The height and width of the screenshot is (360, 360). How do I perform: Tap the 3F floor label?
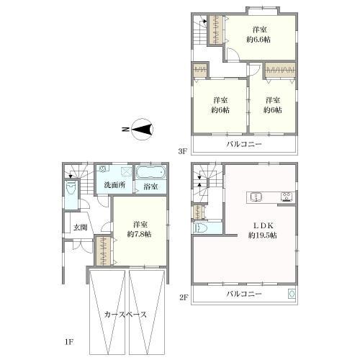coord(183,151)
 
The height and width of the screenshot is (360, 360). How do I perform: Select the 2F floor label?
coord(183,297)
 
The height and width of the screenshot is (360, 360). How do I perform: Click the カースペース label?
coord(125,315)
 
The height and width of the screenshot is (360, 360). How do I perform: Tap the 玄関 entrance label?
coord(78,228)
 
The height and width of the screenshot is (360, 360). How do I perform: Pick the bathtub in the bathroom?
coord(150,173)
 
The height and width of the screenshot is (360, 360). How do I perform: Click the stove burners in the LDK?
coord(286,196)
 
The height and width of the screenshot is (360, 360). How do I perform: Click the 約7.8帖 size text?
coord(140,234)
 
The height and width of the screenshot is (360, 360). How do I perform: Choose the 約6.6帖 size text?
coord(260,40)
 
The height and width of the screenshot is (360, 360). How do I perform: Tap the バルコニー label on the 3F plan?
coord(244,144)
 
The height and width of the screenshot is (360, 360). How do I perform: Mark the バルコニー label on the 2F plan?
coord(244,294)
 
